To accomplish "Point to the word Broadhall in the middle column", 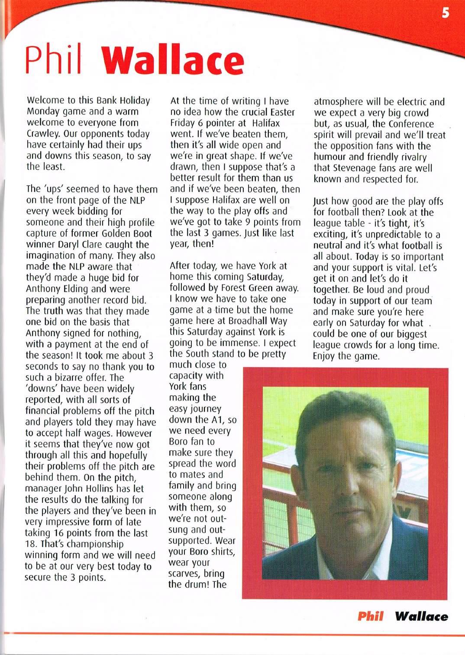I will pyautogui.click(x=244, y=321).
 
